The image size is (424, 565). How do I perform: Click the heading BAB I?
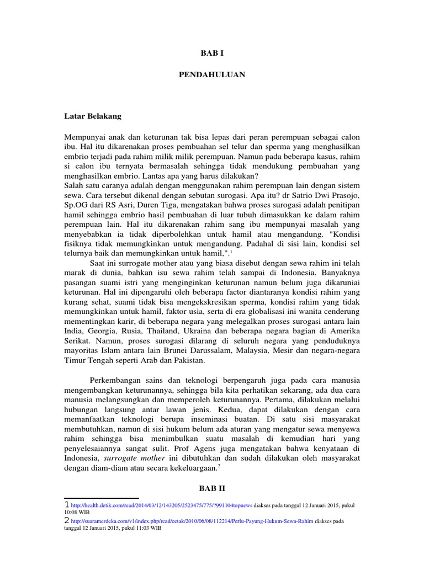(211, 53)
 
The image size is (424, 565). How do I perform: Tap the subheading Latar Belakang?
(93, 116)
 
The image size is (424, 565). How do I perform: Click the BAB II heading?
(211, 488)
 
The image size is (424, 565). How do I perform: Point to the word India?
(74, 331)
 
